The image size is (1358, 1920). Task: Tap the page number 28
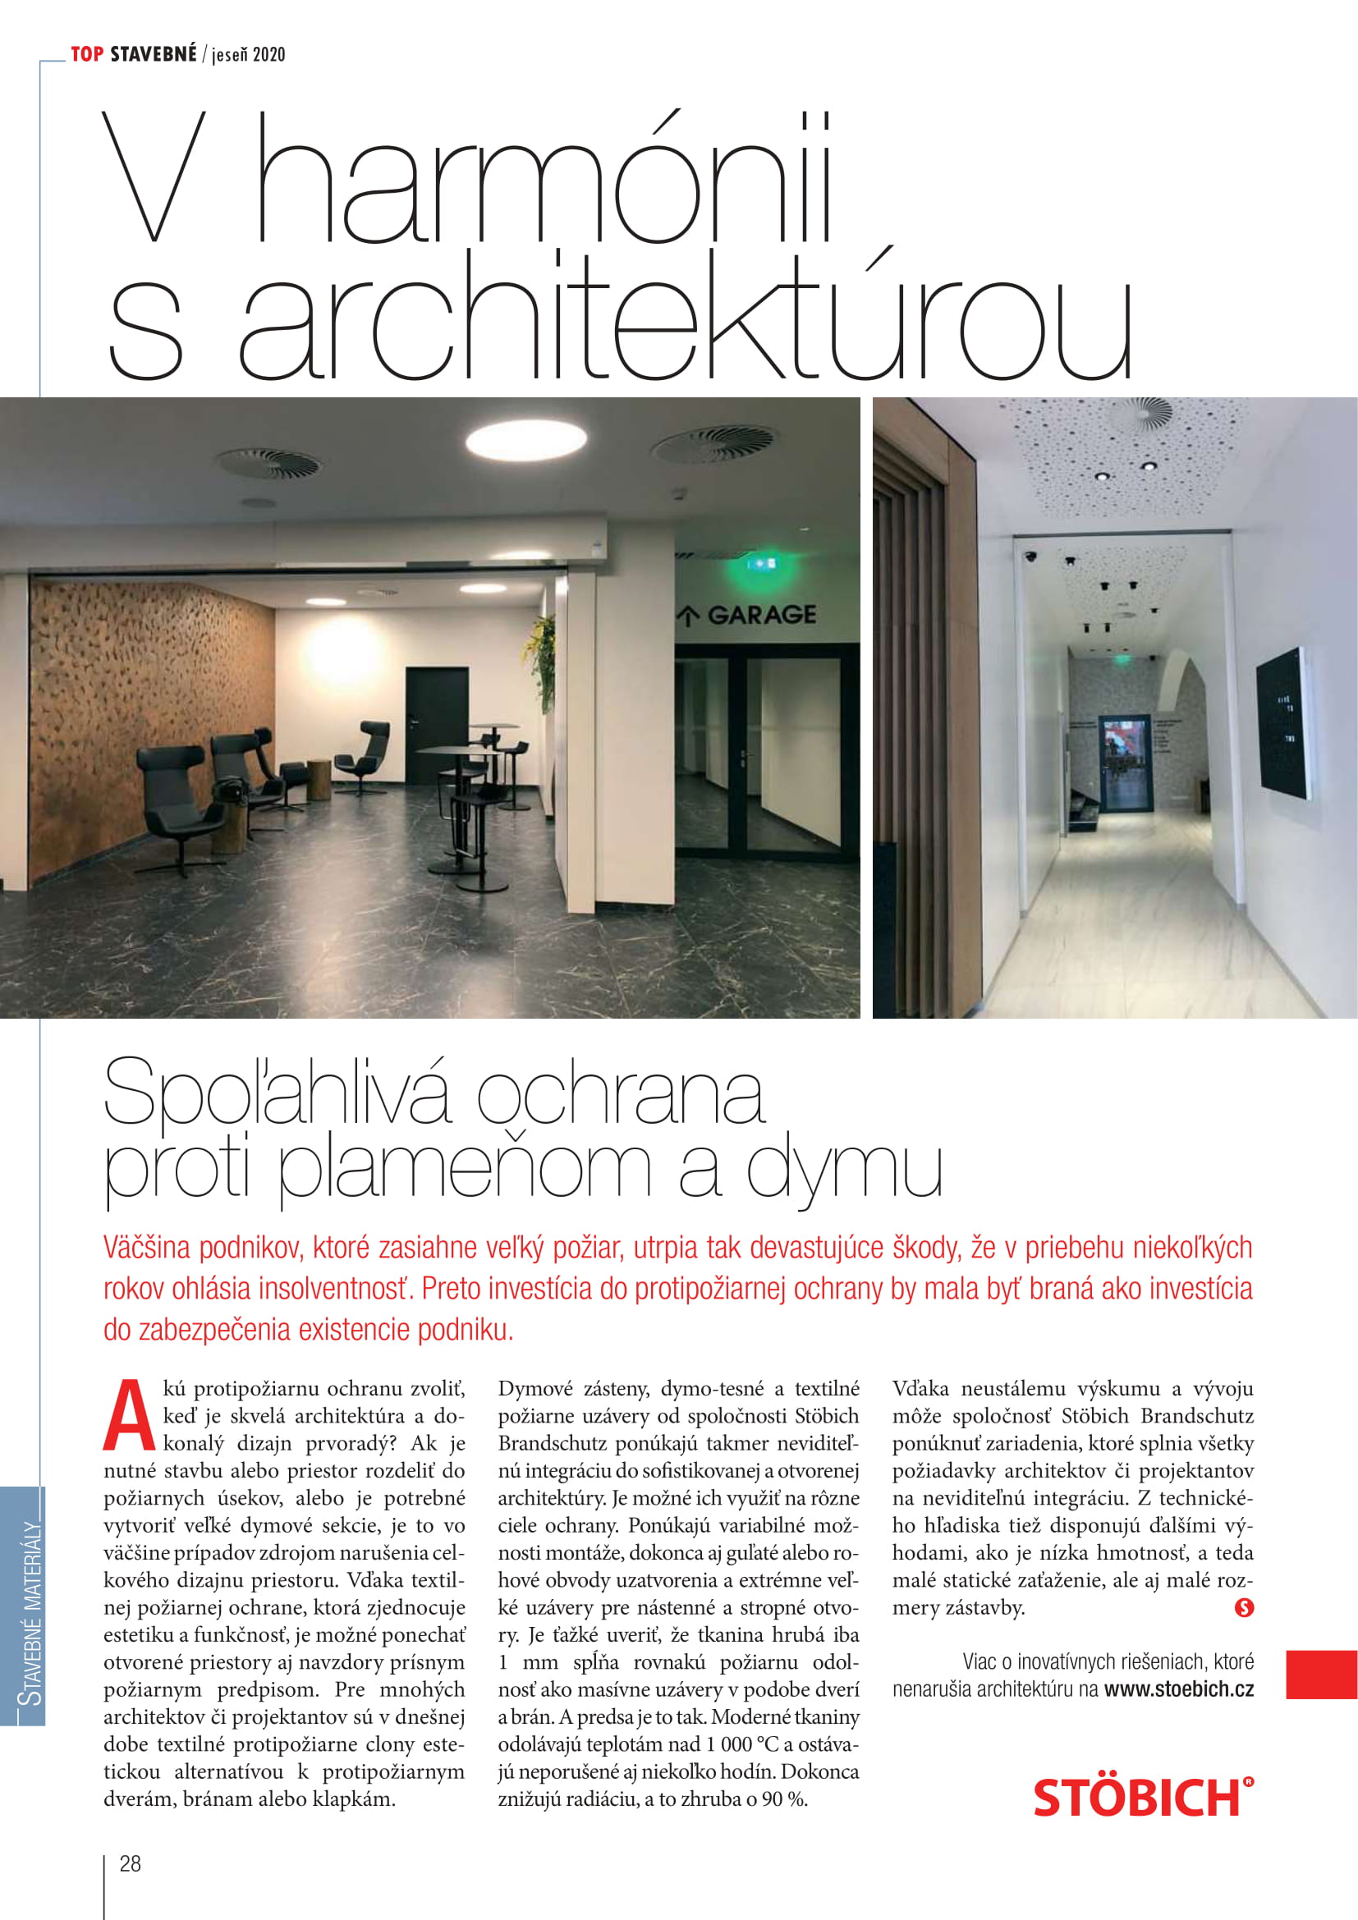tap(131, 1863)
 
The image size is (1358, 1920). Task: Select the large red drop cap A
tap(129, 1418)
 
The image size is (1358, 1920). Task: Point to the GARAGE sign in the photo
tap(760, 615)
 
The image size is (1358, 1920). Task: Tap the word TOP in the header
tap(87, 54)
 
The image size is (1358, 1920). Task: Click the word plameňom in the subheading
tap(464, 1168)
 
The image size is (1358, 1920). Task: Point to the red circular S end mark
tap(1243, 1607)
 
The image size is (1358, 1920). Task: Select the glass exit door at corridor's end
tap(1124, 763)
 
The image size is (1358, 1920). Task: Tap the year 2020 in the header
tap(268, 55)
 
